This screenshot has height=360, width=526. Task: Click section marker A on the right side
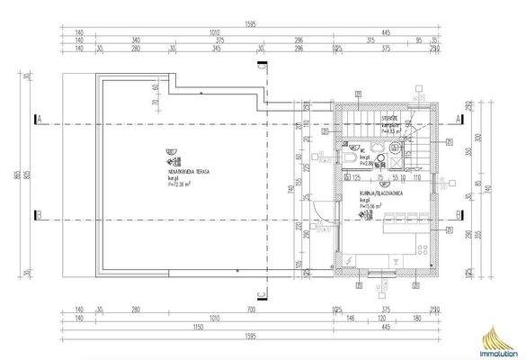[x=457, y=118]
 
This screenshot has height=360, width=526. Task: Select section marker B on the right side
[x=457, y=213]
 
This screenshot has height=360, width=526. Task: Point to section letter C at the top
[x=260, y=66]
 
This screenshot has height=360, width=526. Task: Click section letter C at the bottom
[x=260, y=292]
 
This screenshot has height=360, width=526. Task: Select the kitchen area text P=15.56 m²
[x=370, y=205]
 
